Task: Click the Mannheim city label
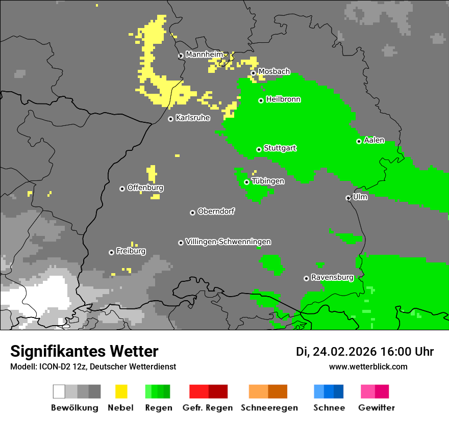(205, 55)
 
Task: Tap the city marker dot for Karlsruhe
(171, 119)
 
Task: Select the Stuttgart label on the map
(280, 148)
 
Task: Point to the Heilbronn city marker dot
(261, 100)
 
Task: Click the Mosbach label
(274, 72)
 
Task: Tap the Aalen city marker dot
(359, 141)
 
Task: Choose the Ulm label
(360, 197)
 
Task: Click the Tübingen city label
(268, 181)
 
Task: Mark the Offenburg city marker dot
(122, 189)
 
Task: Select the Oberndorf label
(216, 211)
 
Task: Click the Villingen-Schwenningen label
(228, 242)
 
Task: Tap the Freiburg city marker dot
(112, 252)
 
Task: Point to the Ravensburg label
(332, 277)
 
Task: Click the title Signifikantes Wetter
(84, 351)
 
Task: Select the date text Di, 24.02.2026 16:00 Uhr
(365, 352)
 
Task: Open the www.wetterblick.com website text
(368, 367)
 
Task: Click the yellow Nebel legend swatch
(121, 391)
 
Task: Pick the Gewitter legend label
(376, 408)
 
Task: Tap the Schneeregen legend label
(269, 408)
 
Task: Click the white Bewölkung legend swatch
(59, 391)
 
